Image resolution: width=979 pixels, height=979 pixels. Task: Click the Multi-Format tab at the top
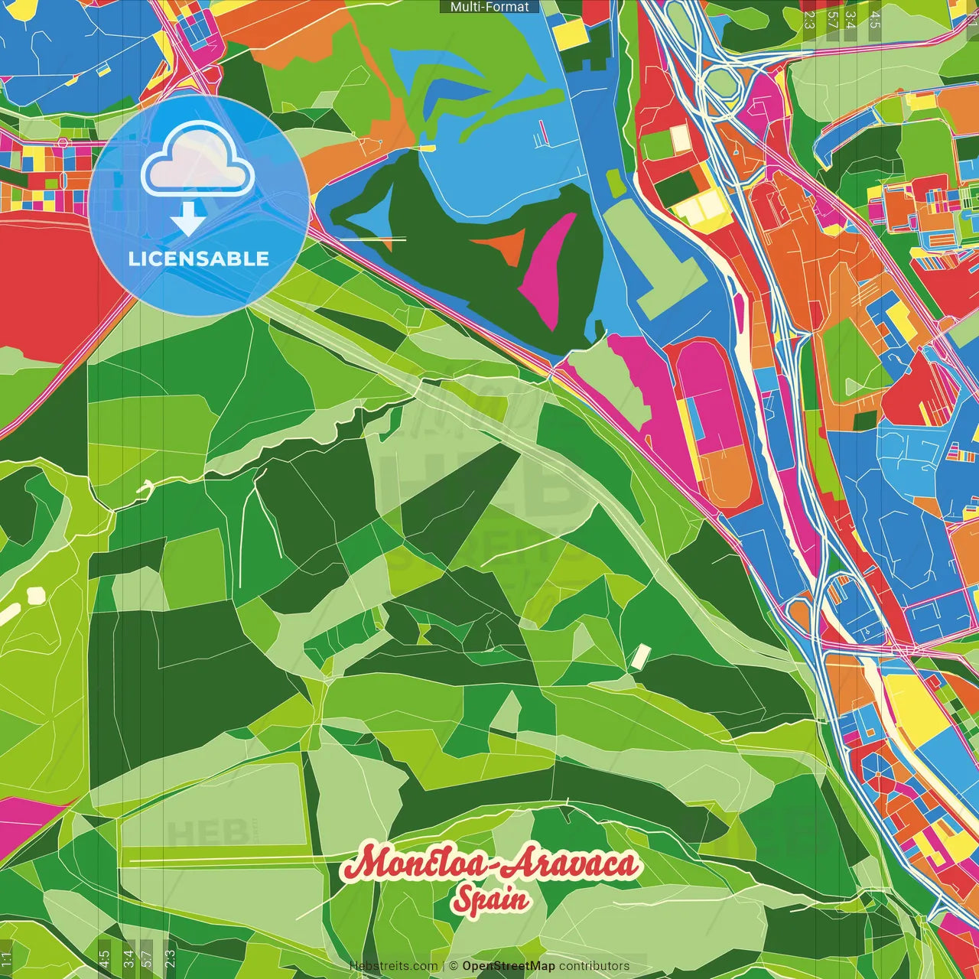[x=489, y=7]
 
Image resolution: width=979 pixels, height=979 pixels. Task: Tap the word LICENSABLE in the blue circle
[x=199, y=259]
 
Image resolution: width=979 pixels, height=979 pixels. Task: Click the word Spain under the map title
[x=490, y=899]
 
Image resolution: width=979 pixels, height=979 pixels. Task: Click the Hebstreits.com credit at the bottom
[x=393, y=966]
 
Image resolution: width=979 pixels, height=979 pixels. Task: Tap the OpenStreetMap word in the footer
[x=509, y=966]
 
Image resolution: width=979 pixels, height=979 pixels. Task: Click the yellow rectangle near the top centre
[x=569, y=32]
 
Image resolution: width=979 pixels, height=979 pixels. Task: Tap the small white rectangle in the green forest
[x=640, y=655]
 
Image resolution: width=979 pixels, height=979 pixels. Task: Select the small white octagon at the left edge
[x=34, y=594]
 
